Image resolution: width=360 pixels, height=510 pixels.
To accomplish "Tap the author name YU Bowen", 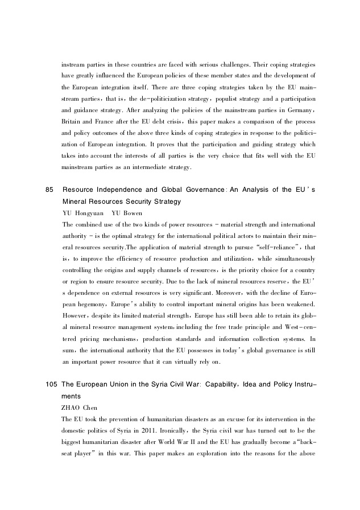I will [127, 213].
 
